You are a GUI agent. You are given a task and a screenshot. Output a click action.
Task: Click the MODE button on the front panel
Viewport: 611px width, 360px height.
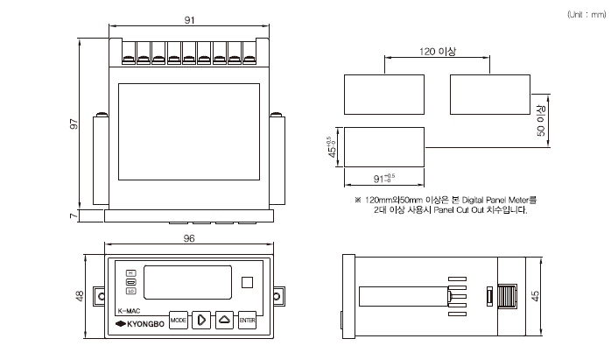[x=179, y=320]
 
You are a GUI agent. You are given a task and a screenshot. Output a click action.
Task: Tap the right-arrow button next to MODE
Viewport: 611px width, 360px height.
[x=201, y=320]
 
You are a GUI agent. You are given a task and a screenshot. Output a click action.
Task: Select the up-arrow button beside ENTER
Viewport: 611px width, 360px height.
[x=224, y=320]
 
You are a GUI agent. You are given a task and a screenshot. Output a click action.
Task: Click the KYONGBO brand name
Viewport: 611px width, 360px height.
[x=140, y=327]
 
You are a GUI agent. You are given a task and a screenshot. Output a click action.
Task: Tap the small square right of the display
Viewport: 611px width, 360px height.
[x=247, y=283]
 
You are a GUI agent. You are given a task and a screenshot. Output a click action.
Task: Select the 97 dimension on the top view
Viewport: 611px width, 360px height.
[x=75, y=125]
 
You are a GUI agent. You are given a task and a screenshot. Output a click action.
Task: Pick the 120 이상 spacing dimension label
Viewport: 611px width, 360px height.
[x=438, y=52]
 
